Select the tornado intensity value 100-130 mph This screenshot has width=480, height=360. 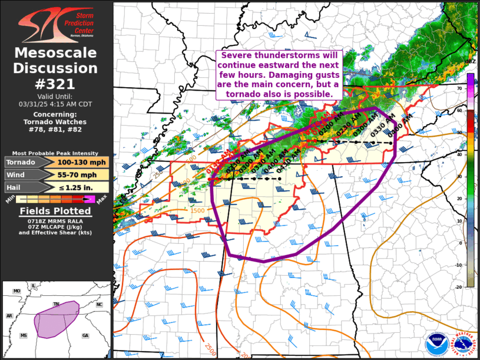82,162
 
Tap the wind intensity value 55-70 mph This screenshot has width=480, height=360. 82,174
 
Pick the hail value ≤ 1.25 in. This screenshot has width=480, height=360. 82,187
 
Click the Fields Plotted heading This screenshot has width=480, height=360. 55,211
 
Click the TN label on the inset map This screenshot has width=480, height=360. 57,305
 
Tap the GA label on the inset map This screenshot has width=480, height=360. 85,335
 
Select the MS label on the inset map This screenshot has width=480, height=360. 24,335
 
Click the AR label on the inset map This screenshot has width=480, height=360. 9,316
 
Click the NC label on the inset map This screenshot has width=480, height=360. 99,305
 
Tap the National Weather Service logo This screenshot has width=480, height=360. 464,344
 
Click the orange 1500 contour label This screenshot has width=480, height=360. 197,210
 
